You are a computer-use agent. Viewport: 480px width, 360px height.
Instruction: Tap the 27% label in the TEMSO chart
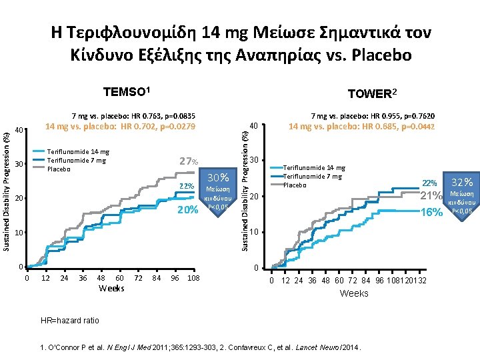[x=189, y=161]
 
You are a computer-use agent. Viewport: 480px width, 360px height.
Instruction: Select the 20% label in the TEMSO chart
[x=187, y=210]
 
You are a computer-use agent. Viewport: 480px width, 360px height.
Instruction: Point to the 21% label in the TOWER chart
[x=431, y=195]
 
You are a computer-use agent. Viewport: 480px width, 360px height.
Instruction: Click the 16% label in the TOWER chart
[x=431, y=212]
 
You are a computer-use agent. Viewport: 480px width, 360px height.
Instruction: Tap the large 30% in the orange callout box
[x=218, y=177]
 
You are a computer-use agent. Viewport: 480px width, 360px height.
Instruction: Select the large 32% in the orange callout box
[x=462, y=182]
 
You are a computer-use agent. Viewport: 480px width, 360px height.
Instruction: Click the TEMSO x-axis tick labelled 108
[x=193, y=277]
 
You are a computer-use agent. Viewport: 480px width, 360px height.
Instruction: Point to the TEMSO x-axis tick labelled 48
[x=101, y=277]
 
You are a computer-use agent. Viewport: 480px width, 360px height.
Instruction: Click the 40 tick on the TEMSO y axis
[x=20, y=129]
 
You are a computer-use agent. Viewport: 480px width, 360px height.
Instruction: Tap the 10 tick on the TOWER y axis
[x=256, y=232]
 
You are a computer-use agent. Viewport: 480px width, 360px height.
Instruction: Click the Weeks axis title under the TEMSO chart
[x=111, y=288]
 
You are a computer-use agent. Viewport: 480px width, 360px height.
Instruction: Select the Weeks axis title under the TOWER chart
[x=353, y=293]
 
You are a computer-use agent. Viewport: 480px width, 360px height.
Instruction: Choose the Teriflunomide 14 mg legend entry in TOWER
[x=315, y=168]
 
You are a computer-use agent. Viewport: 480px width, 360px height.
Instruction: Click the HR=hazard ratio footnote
[x=70, y=321]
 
